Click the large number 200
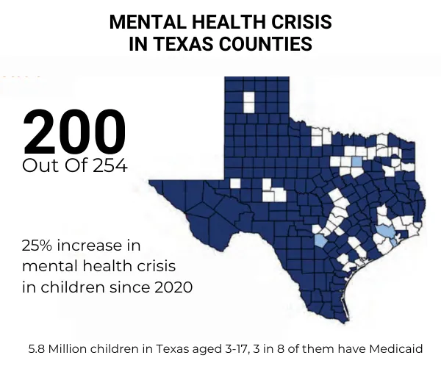click(74, 133)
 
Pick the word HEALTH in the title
click(223, 22)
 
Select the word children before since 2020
click(73, 287)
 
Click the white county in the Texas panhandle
click(249, 102)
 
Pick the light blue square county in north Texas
click(356, 161)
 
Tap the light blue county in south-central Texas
click(320, 240)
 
